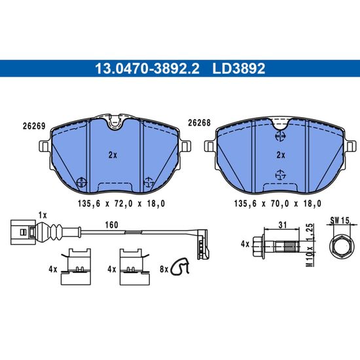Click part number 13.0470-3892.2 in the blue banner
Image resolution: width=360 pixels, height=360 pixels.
click(x=147, y=69)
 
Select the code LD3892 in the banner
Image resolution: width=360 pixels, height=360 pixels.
click(x=239, y=69)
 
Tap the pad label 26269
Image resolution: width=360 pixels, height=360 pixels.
click(x=34, y=126)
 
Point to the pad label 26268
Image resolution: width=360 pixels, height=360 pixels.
click(x=199, y=123)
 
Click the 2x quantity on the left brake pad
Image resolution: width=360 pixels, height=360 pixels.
click(x=113, y=155)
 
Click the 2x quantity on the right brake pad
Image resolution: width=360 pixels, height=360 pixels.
click(x=281, y=155)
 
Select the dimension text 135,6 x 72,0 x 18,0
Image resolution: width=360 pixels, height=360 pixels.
click(x=121, y=204)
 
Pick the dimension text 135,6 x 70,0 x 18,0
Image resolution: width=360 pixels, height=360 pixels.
click(x=278, y=204)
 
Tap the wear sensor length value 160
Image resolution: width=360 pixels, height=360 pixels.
click(x=111, y=225)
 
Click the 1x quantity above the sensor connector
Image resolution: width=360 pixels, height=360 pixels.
click(x=43, y=215)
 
